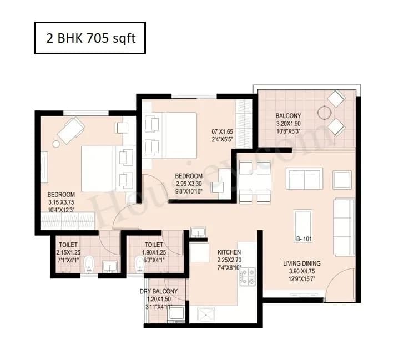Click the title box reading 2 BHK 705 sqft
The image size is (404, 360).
(x=89, y=38)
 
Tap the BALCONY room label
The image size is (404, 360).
(x=289, y=116)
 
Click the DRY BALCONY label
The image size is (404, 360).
(x=159, y=292)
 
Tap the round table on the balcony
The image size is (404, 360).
(x=324, y=113)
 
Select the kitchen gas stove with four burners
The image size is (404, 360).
(x=247, y=276)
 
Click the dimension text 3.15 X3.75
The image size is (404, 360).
(x=61, y=203)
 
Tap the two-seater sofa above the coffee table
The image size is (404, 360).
(x=304, y=179)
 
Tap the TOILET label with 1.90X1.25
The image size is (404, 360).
(x=154, y=245)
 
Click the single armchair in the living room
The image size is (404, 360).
(x=342, y=180)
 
